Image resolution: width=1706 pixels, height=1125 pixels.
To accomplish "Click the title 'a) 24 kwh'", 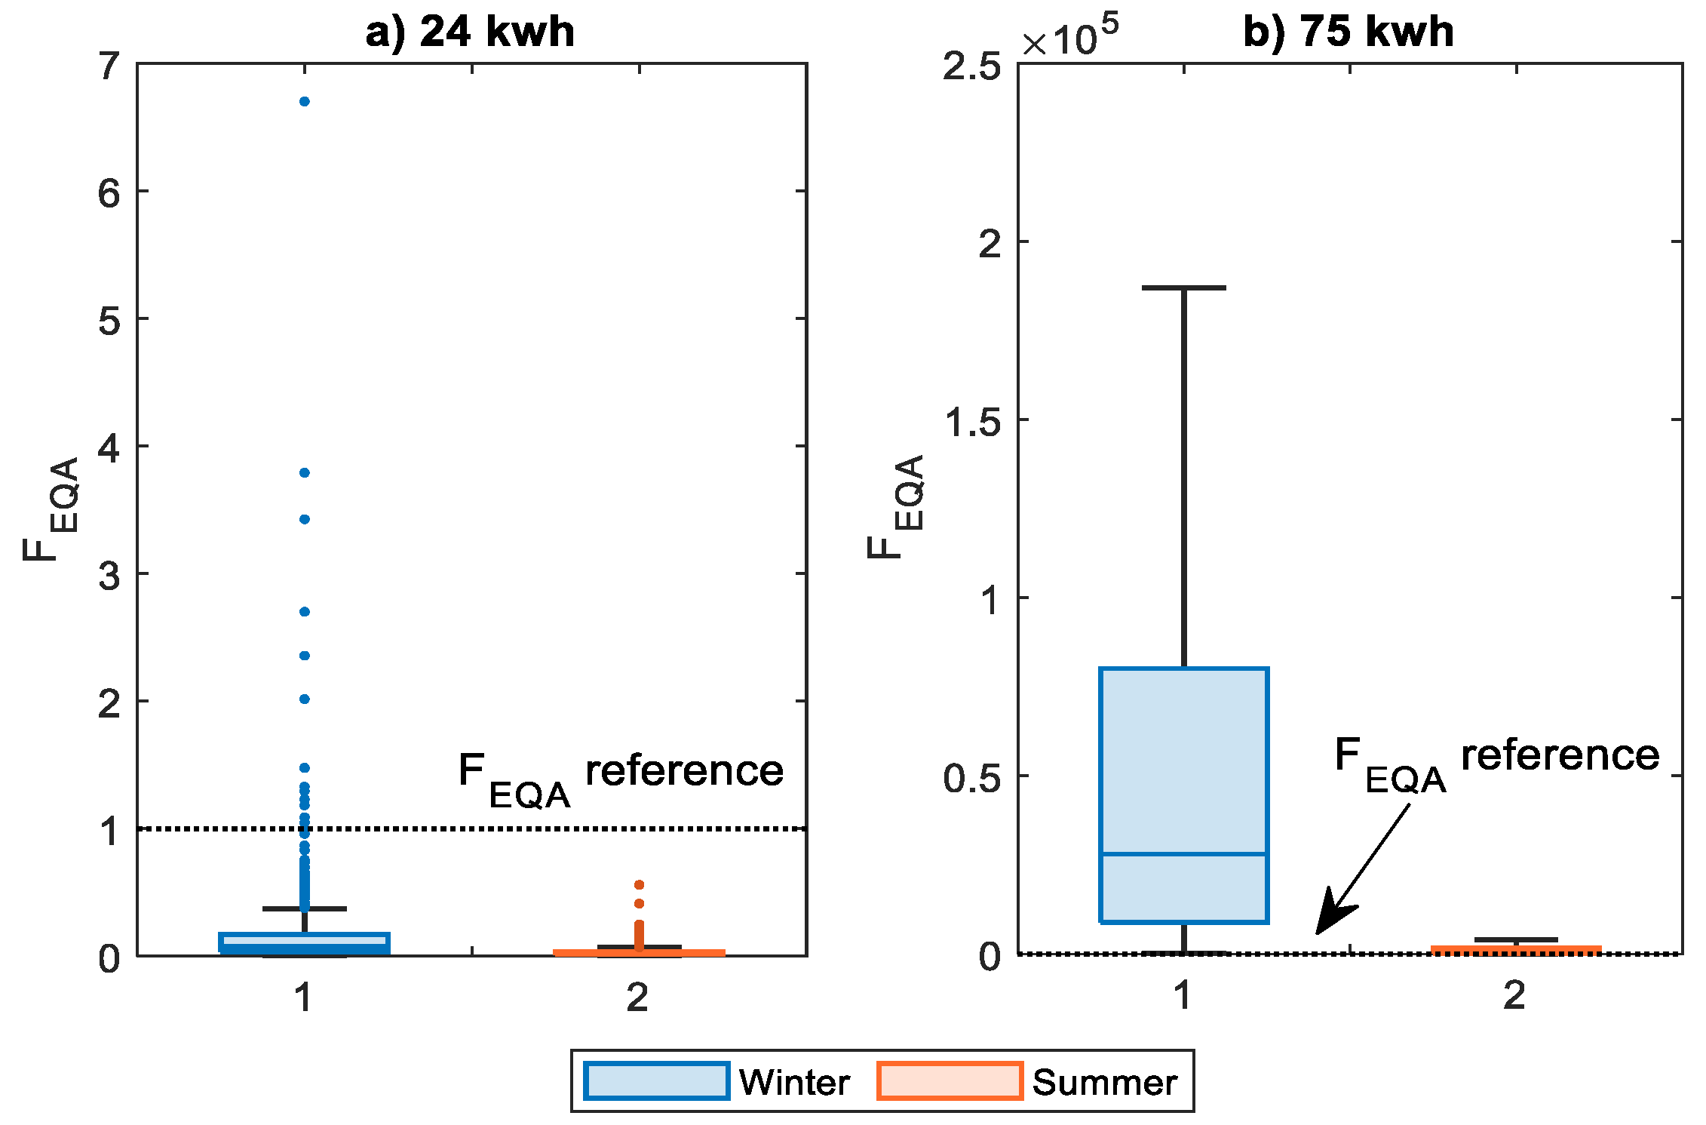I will pyautogui.click(x=469, y=32).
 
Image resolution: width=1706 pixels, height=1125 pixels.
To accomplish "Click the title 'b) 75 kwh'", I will pyautogui.click(x=1348, y=32).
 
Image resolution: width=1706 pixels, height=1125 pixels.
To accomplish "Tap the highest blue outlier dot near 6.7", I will pyautogui.click(x=305, y=101).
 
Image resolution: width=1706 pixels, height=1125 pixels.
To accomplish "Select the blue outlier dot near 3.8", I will pyautogui.click(x=305, y=472).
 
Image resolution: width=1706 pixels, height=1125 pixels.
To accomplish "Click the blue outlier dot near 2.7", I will pyautogui.click(x=305, y=611).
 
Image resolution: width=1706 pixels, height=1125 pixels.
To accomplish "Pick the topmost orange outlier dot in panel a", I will pyautogui.click(x=639, y=884).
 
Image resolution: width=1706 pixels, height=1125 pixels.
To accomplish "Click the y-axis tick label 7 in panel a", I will pyautogui.click(x=109, y=66).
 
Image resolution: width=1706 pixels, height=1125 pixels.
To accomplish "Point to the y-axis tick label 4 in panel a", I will pyautogui.click(x=109, y=448).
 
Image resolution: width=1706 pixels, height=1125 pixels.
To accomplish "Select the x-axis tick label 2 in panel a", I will pyautogui.click(x=638, y=997).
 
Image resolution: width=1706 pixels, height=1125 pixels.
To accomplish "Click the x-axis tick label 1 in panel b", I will pyautogui.click(x=1183, y=994).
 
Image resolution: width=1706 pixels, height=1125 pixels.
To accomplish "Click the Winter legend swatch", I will pyautogui.click(x=656, y=1080).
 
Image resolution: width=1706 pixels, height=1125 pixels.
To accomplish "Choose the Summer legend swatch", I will pyautogui.click(x=950, y=1080).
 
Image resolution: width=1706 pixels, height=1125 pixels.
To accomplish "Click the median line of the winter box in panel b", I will pyautogui.click(x=1183, y=853).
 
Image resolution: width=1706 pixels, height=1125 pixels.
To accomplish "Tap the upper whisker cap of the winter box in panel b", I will pyautogui.click(x=1183, y=287).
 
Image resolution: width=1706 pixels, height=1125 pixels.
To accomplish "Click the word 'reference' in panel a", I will pyautogui.click(x=684, y=771).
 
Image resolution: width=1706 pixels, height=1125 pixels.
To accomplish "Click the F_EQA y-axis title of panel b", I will pyautogui.click(x=897, y=507).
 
